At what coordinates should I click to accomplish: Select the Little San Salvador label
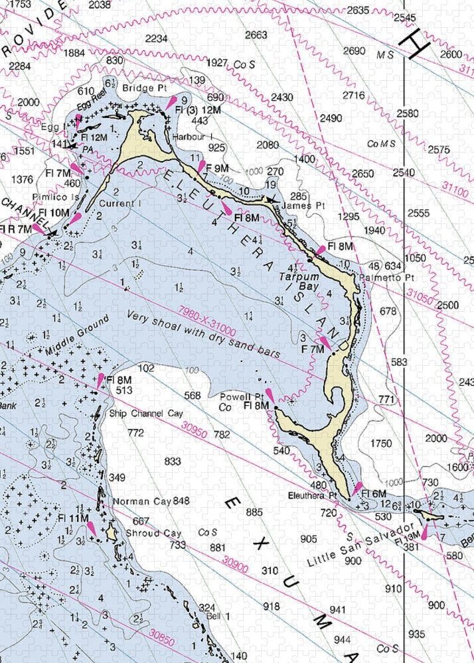pos(355,547)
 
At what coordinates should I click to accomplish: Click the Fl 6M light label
pos(373,494)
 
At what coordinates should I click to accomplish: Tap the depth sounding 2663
pos(256,35)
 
